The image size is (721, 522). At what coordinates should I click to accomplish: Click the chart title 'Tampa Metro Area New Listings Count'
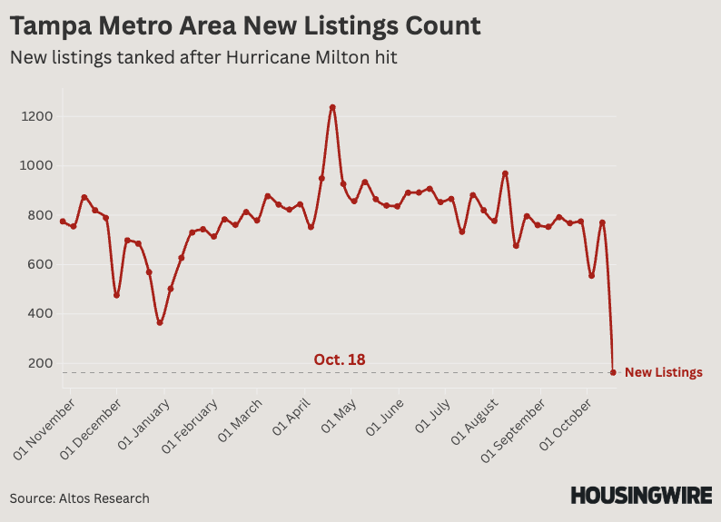[245, 25]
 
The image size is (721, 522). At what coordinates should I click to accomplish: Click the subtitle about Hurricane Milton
[203, 57]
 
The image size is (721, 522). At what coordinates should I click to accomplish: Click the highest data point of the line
[332, 107]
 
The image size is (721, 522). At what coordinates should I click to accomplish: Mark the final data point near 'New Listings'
[613, 372]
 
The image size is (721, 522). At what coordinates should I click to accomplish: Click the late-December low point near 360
[160, 322]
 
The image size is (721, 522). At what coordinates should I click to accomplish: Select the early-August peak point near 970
[505, 173]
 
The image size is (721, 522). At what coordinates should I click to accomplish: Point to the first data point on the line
[63, 222]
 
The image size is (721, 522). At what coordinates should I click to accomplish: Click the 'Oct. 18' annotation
[340, 359]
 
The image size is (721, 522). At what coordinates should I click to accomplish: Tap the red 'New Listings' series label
[663, 372]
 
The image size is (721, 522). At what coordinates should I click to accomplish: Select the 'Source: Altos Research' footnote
[80, 498]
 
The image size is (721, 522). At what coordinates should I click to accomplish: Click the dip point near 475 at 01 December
[116, 295]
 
